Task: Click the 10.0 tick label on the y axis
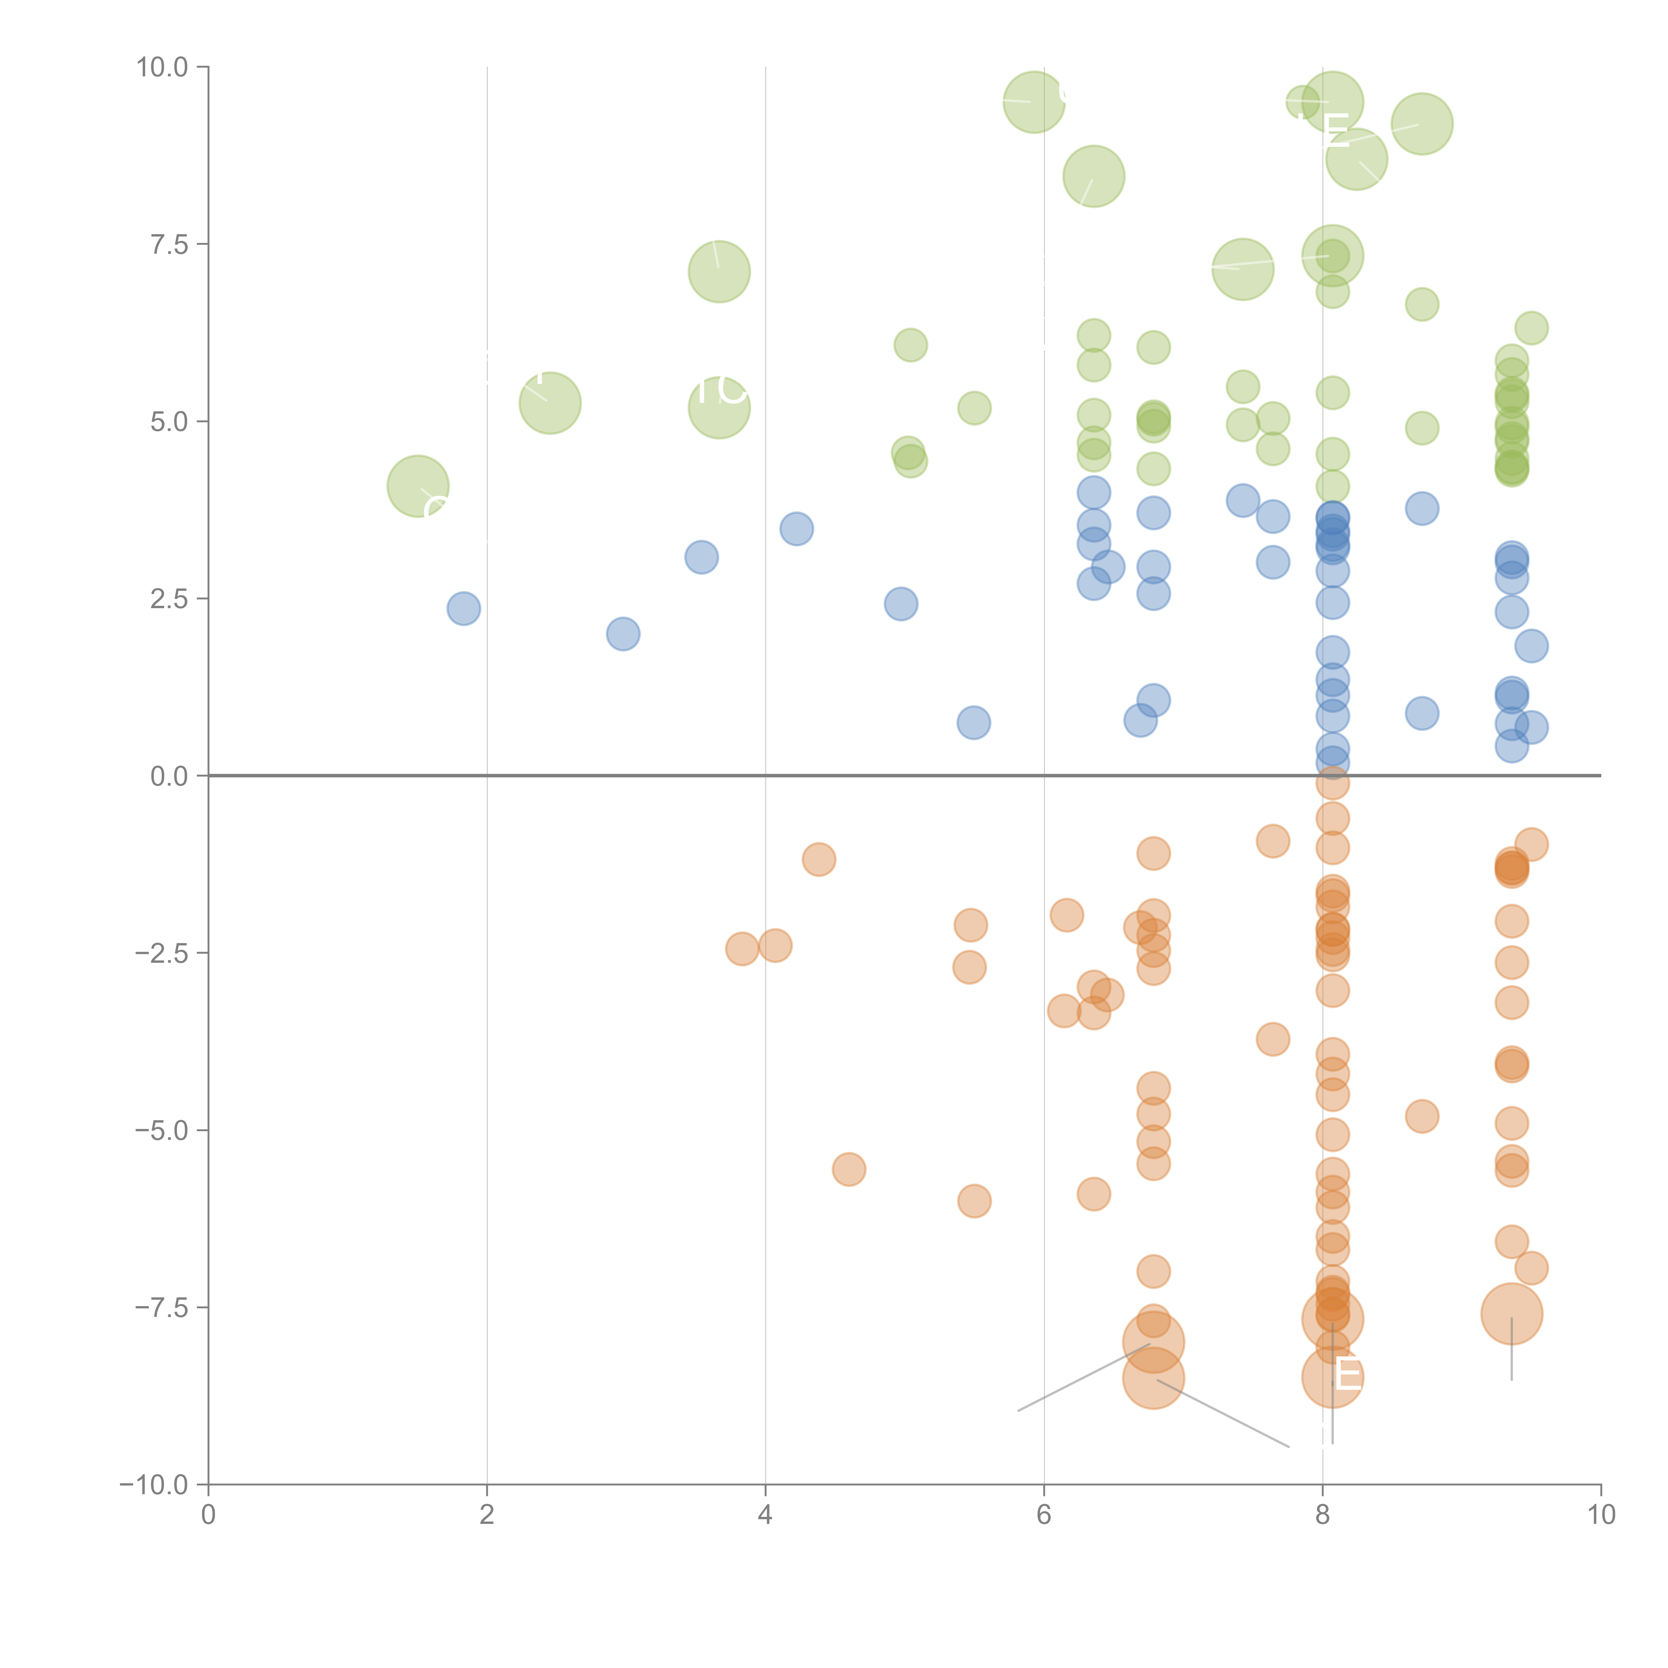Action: (162, 67)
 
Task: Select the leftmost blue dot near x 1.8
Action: (464, 609)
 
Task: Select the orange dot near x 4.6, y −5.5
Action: (850, 1170)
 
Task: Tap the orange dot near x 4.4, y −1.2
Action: (818, 859)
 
